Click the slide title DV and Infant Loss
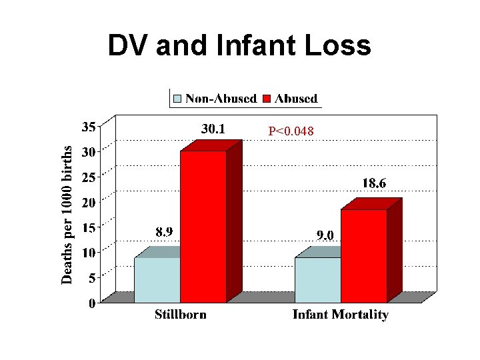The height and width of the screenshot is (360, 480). (239, 46)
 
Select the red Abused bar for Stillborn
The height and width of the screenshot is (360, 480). (203, 227)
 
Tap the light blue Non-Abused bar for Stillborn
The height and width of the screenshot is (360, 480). (157, 280)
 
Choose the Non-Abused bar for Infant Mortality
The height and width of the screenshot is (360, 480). (318, 280)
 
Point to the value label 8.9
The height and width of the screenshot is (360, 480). (167, 233)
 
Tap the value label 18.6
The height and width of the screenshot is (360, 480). (374, 183)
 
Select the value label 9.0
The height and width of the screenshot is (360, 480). (325, 235)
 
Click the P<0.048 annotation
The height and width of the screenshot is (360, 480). (291, 132)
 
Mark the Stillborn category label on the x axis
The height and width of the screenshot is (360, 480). (181, 315)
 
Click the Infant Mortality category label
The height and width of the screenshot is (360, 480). (340, 315)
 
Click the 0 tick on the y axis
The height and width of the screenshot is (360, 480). (92, 303)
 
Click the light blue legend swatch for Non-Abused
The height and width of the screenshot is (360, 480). (177, 99)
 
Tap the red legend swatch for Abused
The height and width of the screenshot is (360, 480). (267, 99)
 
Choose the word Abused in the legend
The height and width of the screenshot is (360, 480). (296, 99)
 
